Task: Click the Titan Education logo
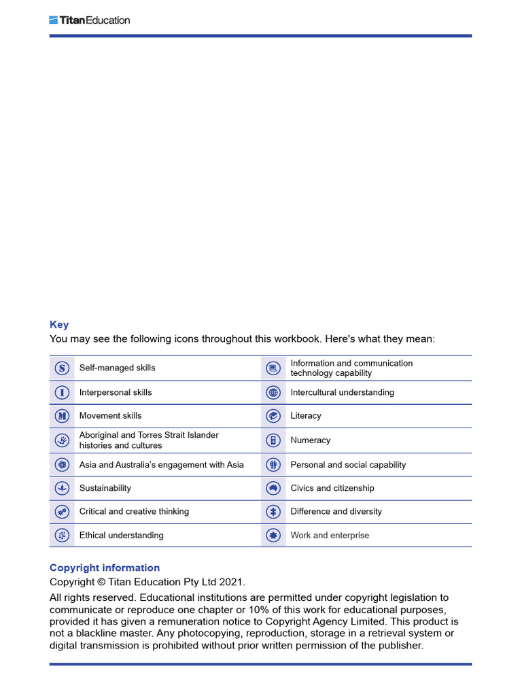(x=89, y=20)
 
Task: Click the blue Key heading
(x=59, y=325)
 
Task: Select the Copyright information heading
(x=105, y=568)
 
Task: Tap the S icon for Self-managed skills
(x=62, y=368)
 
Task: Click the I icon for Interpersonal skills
(x=62, y=392)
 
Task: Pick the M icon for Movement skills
(x=62, y=416)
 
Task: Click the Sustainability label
(x=105, y=488)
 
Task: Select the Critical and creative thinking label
(x=134, y=511)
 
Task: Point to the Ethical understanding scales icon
(x=62, y=536)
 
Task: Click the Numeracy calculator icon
(x=273, y=440)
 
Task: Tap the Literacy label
(x=306, y=416)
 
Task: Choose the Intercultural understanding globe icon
(x=273, y=392)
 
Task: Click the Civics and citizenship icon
(x=273, y=488)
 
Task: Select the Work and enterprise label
(x=330, y=536)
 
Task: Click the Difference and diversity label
(x=336, y=511)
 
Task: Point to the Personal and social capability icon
(x=273, y=465)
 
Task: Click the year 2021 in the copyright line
(x=231, y=582)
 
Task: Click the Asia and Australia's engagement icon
(x=62, y=465)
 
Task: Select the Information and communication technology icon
(x=273, y=368)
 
